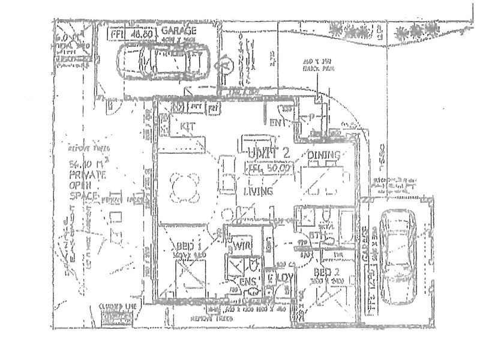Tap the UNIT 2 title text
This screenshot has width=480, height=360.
[268, 152]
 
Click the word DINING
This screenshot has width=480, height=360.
[324, 155]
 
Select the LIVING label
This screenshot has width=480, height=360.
[259, 191]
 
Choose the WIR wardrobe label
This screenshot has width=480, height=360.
[242, 246]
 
